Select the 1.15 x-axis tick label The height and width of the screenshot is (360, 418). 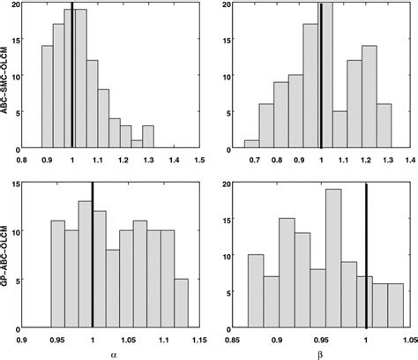pos(201,337)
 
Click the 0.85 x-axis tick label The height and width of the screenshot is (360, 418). pos(234,337)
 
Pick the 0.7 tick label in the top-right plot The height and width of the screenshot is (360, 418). pos(255,160)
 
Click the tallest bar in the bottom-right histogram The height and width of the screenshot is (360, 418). pos(332,257)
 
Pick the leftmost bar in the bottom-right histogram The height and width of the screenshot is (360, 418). pos(255,290)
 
